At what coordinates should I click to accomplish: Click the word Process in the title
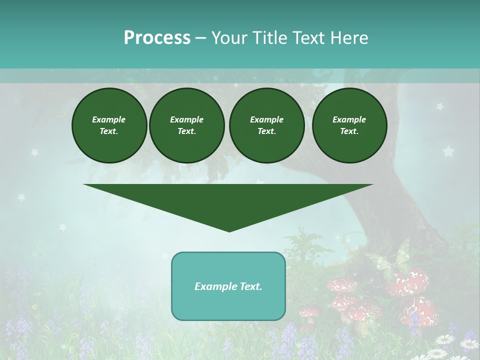pyautogui.click(x=157, y=38)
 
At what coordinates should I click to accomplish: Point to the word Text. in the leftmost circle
pyautogui.click(x=109, y=131)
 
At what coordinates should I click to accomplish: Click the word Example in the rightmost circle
pyautogui.click(x=349, y=119)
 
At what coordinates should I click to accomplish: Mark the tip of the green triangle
pyautogui.click(x=229, y=231)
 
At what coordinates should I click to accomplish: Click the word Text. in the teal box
pyautogui.click(x=251, y=286)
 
